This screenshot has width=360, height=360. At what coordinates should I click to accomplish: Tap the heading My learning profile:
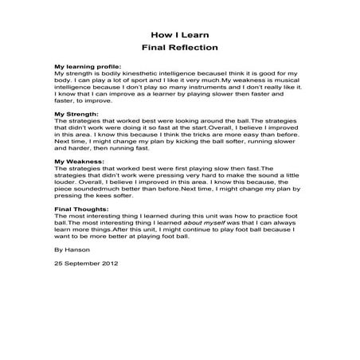click(85, 66)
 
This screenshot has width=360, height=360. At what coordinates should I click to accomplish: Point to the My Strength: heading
click(74, 113)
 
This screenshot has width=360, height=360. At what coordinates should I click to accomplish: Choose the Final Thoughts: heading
click(80, 209)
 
